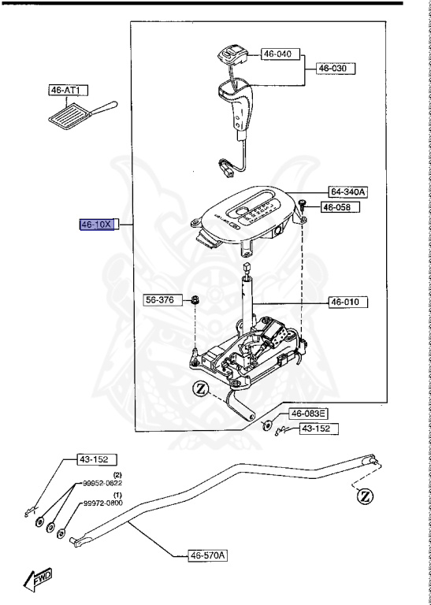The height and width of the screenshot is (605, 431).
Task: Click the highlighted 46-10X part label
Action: point(98,225)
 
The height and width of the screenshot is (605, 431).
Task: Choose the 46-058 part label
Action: point(340,207)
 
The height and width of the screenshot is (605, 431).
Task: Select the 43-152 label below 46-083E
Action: point(317,429)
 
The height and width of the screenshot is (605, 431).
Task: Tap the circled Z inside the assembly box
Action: point(200,388)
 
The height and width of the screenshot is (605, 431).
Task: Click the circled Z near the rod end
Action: point(363,496)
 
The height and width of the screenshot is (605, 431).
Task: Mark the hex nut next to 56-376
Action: point(195,300)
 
